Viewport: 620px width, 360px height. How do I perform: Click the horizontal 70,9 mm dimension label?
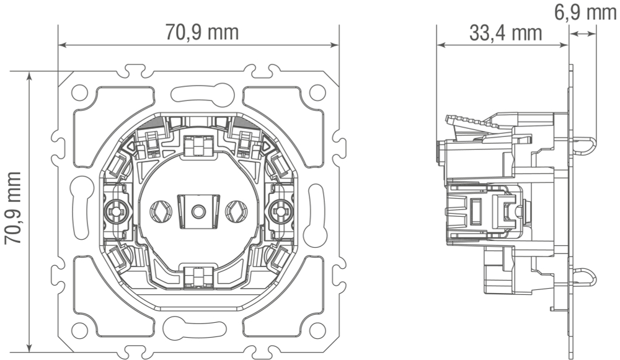[201, 32]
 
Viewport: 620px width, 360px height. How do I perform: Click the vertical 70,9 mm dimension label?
[12, 208]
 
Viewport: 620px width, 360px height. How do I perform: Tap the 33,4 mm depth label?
[505, 33]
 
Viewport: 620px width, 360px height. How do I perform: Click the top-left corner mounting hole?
[79, 92]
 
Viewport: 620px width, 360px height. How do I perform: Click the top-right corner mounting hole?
[317, 92]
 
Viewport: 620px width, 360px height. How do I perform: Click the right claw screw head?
[281, 211]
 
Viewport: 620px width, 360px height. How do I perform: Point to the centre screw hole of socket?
[198, 212]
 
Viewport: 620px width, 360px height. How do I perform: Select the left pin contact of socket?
[161, 211]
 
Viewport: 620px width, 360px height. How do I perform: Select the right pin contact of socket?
[236, 211]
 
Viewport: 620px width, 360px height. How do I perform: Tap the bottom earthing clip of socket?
[198, 277]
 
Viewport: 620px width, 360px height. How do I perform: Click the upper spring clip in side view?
[583, 145]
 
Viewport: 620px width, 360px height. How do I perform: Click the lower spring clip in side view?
[583, 276]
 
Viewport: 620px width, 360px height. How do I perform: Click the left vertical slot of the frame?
[80, 209]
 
